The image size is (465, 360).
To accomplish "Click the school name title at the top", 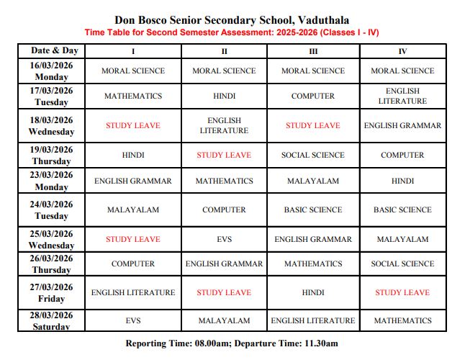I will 232,20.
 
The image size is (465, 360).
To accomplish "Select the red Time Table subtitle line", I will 232,32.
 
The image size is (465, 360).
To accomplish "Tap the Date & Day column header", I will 55,51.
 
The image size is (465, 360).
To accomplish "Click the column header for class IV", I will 402,51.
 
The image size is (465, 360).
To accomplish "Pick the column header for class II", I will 224,51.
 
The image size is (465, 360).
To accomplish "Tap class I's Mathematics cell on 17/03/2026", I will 133,96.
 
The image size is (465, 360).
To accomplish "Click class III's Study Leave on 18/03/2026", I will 312,125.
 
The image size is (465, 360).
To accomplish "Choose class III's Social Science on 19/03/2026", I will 312,155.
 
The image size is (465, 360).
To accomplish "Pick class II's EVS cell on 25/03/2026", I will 224,239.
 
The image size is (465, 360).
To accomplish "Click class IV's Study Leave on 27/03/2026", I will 402,292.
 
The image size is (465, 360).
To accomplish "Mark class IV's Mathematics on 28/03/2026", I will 402,320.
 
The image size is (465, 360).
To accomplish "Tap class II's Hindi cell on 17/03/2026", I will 224,96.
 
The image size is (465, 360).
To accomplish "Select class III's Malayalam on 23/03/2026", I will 312,181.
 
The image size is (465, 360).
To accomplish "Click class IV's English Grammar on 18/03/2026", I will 402,125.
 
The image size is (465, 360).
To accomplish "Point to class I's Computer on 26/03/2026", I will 133,264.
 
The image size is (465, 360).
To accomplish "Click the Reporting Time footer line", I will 232,343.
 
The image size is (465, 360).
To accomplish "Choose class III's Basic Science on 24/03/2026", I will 312,210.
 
